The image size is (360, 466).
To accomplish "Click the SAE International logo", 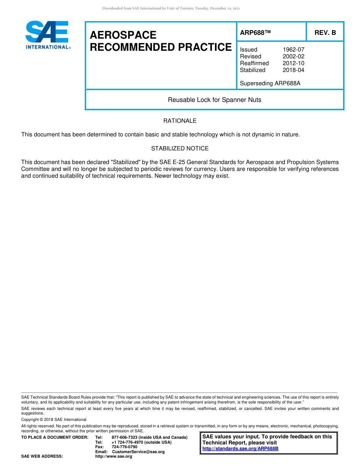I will (x=47, y=35).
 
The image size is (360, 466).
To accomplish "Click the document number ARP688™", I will (x=255, y=33).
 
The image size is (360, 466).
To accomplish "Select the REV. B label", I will (x=325, y=33).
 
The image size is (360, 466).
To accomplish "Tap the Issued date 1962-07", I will (x=293, y=50).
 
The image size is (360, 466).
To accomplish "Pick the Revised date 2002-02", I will (x=293, y=56).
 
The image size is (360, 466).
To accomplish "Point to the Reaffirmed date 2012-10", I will (x=293, y=63).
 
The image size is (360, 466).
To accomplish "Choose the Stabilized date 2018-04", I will (x=293, y=70).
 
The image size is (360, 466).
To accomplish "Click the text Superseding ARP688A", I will (x=270, y=83).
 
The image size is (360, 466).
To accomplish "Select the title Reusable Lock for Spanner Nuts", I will (x=214, y=100).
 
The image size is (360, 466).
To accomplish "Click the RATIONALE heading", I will (x=180, y=121).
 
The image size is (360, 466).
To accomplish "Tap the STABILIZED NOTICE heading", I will (x=180, y=149).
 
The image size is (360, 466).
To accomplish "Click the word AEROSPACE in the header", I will (x=123, y=35).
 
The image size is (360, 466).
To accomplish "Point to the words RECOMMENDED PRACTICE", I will (x=161, y=47).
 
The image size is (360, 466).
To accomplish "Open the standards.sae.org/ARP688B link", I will (x=240, y=449).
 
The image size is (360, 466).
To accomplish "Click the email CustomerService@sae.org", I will (x=138, y=452).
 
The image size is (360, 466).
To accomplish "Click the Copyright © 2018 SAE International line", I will (x=54, y=419).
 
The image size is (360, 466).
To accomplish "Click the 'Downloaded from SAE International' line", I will (x=171, y=8).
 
